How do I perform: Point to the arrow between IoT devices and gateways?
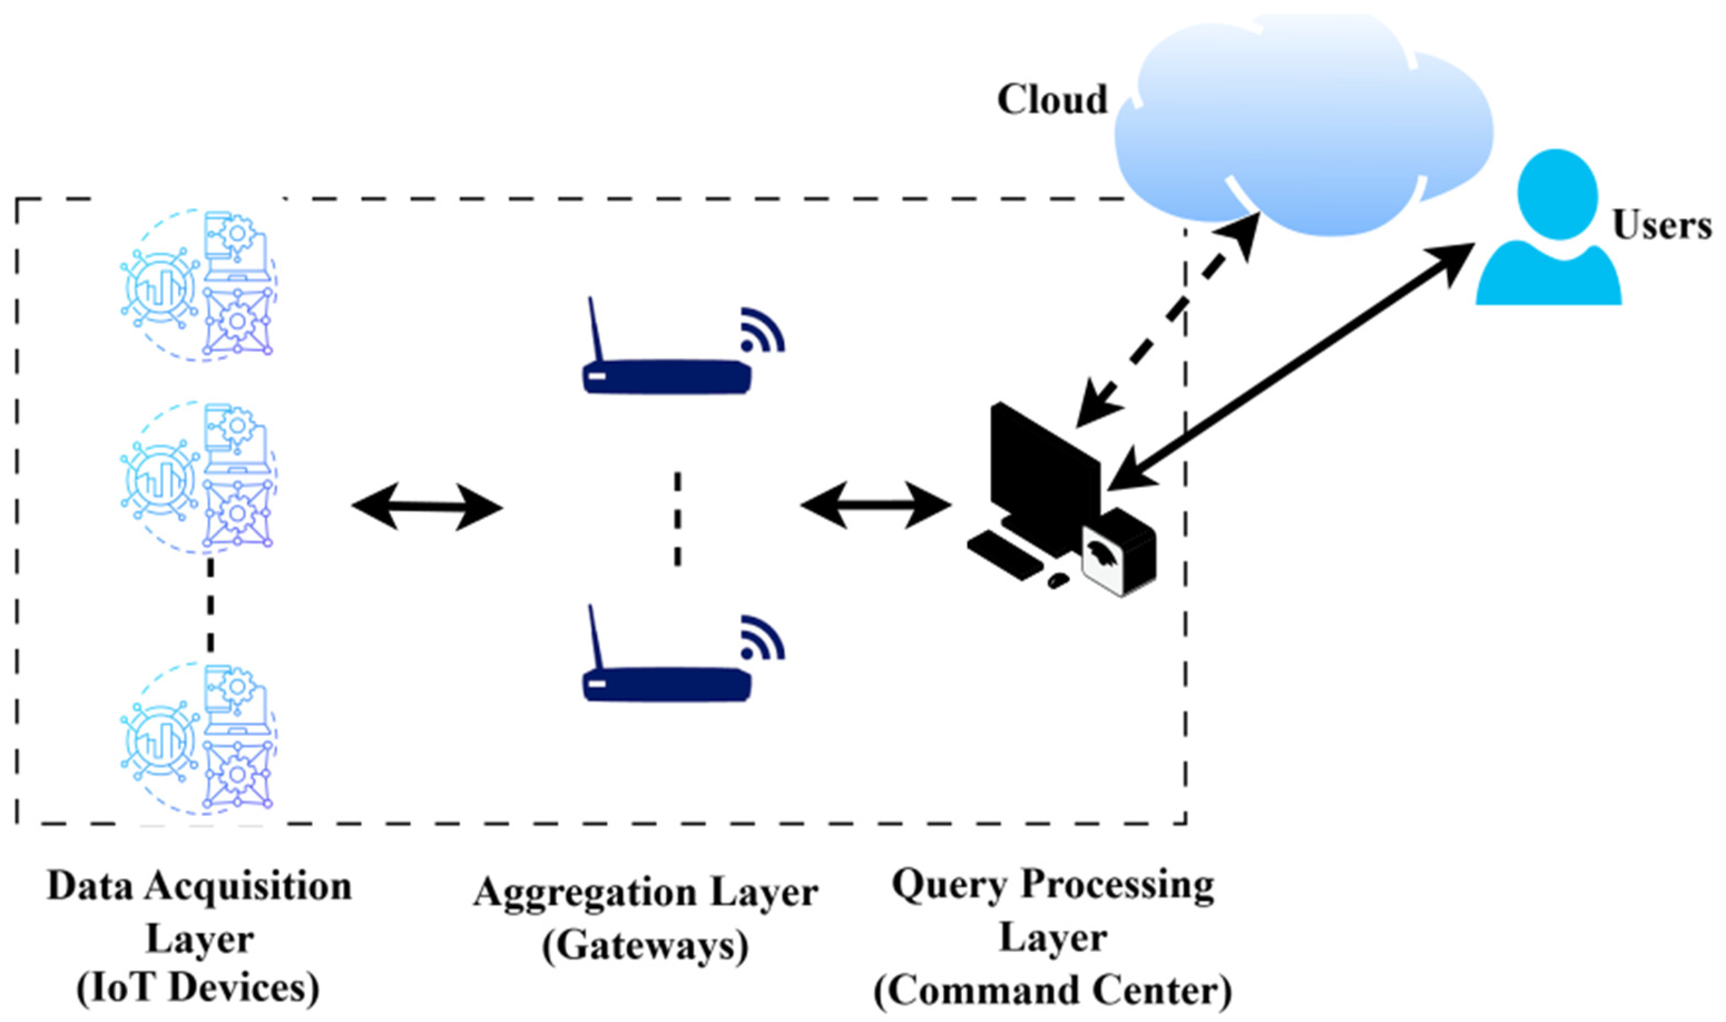click(x=427, y=507)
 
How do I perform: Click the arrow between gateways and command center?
click(x=876, y=505)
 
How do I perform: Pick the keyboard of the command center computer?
click(x=1006, y=554)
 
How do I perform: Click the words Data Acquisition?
click(x=200, y=886)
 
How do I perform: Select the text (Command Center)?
click(x=1052, y=992)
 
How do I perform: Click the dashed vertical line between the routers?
click(x=677, y=520)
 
